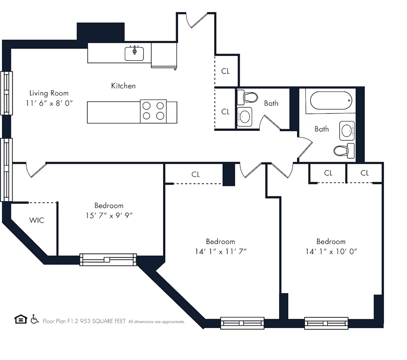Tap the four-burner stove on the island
point(153,111)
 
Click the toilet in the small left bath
point(248,97)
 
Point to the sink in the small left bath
point(245,117)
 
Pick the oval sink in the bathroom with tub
point(347,131)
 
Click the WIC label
point(37,220)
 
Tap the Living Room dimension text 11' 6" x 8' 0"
point(48,103)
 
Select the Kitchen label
point(123,86)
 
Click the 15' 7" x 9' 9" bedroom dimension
point(109,216)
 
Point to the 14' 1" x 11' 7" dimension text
point(220,252)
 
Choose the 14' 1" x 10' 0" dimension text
point(331,252)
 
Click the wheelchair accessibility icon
point(35,319)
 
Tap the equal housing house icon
point(20,319)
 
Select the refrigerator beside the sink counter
point(164,55)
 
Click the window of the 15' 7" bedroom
point(108,259)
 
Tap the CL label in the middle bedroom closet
point(196,174)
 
